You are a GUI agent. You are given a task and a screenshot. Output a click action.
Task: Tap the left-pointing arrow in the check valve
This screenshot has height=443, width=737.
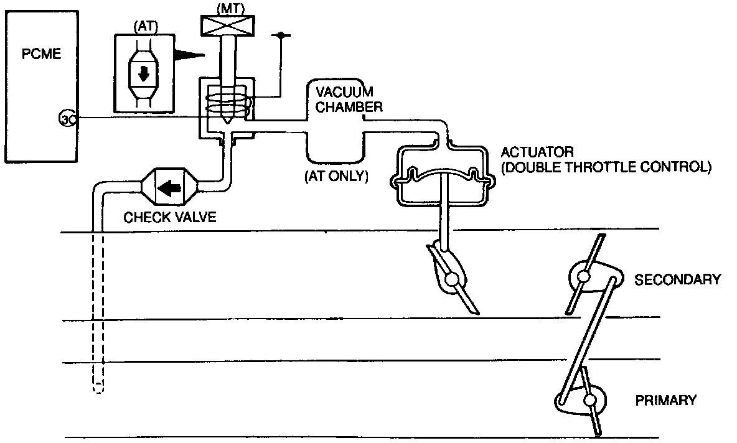coord(169,187)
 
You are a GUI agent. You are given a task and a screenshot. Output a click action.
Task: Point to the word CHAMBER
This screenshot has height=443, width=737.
coord(344,106)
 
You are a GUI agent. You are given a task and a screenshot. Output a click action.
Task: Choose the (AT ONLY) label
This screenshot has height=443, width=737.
coord(336,177)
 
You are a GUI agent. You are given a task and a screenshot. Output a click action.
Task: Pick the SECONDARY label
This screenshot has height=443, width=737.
coord(677,279)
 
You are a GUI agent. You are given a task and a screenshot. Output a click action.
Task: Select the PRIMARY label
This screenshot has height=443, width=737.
coord(665,400)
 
